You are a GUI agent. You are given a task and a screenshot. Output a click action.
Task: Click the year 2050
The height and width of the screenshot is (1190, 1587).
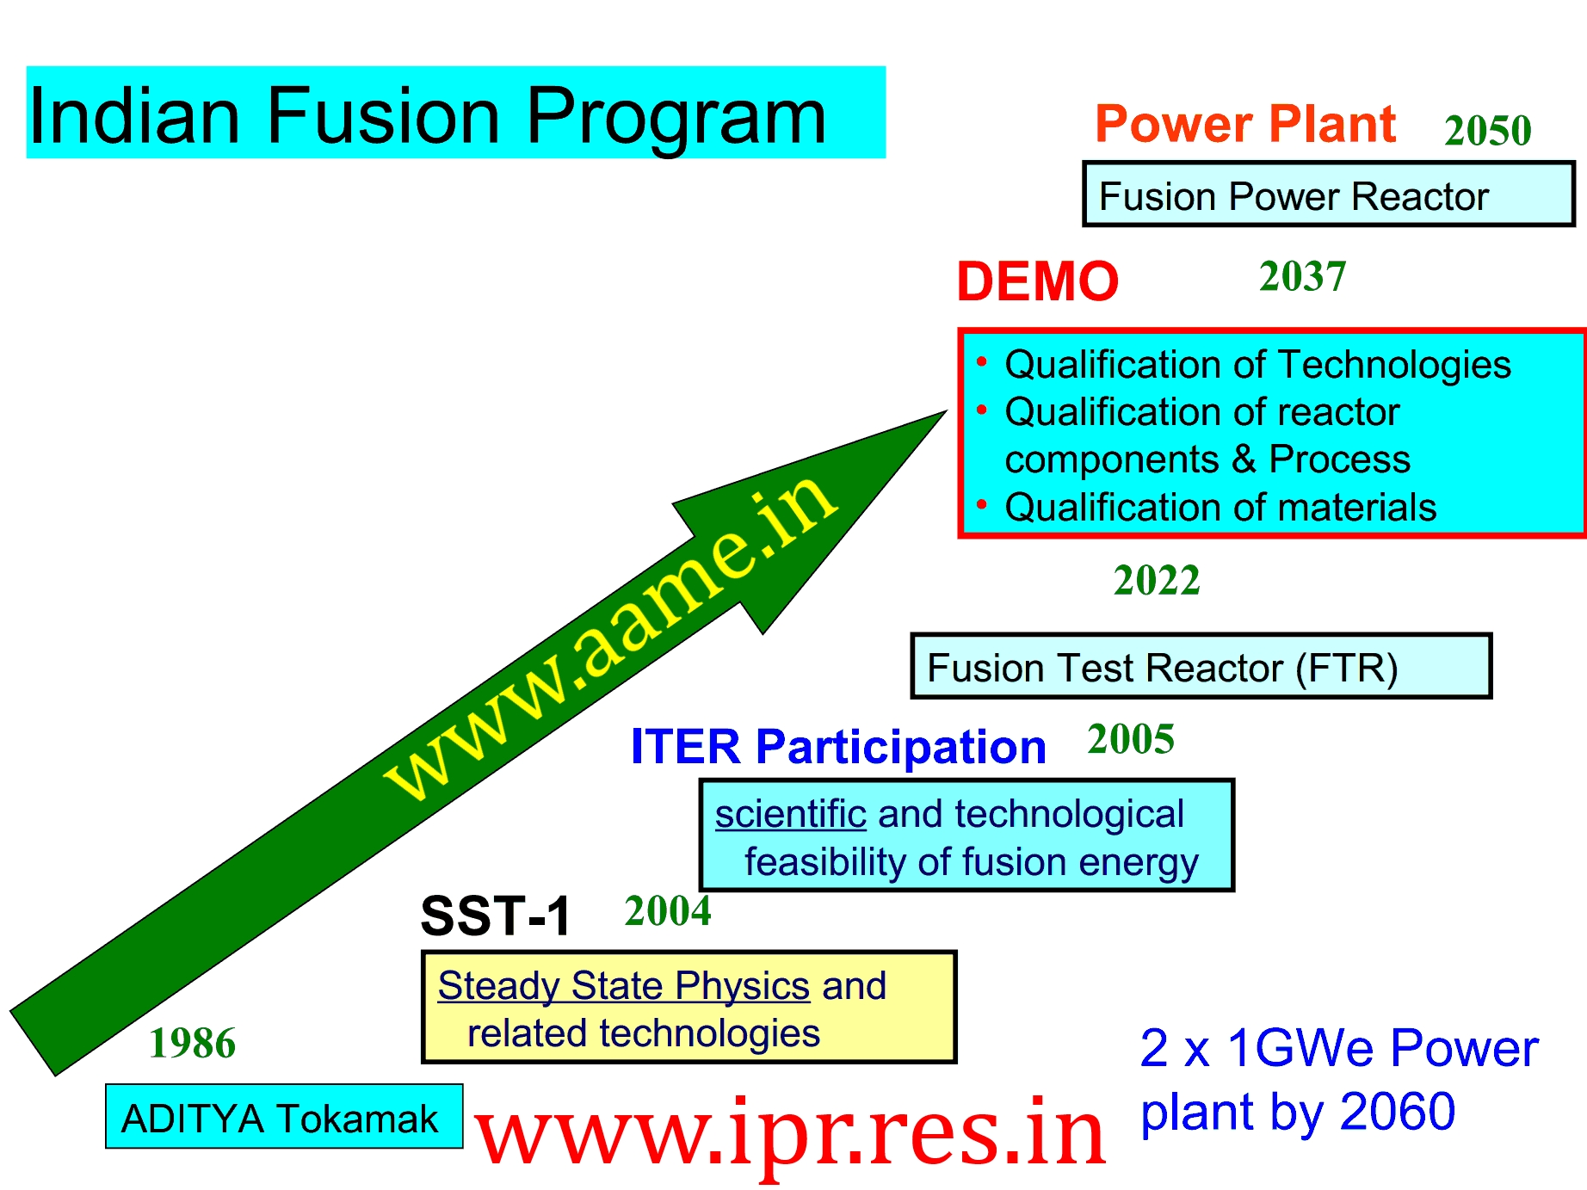pyautogui.click(x=1488, y=131)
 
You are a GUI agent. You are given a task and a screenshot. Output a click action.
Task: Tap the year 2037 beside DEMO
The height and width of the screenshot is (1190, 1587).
pyautogui.click(x=1302, y=276)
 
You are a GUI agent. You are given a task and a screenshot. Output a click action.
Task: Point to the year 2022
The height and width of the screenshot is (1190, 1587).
pyautogui.click(x=1157, y=580)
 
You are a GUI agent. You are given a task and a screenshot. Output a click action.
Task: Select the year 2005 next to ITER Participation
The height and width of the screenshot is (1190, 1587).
pyautogui.click(x=1131, y=739)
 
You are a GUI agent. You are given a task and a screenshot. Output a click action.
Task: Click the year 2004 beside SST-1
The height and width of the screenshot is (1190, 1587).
pyautogui.click(x=668, y=911)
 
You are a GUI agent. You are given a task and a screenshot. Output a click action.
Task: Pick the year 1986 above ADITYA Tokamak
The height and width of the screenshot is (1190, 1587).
pyautogui.click(x=192, y=1043)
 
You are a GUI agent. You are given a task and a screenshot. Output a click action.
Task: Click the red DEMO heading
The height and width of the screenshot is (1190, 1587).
pyautogui.click(x=1038, y=281)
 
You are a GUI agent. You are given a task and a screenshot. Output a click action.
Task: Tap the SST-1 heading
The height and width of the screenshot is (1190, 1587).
pyautogui.click(x=496, y=916)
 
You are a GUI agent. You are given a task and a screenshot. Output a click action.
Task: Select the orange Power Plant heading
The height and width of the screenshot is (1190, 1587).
pyautogui.click(x=1245, y=124)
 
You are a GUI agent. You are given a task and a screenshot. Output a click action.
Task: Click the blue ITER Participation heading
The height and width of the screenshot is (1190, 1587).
pyautogui.click(x=838, y=747)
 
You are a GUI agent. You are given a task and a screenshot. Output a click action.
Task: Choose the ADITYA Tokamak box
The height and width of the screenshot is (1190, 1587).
pyautogui.click(x=284, y=1116)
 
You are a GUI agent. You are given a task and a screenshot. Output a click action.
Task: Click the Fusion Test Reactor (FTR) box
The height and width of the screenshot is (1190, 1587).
pyautogui.click(x=1201, y=666)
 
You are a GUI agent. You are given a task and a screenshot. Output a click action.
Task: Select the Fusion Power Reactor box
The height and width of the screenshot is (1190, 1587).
pyautogui.click(x=1329, y=194)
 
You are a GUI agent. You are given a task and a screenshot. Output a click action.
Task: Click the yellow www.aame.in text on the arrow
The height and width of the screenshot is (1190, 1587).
pyautogui.click(x=610, y=637)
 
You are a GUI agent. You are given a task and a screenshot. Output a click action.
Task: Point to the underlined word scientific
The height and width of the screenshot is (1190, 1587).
pyautogui.click(x=790, y=814)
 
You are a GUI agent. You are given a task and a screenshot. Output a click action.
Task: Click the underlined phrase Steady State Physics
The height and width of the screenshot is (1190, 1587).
pyautogui.click(x=624, y=986)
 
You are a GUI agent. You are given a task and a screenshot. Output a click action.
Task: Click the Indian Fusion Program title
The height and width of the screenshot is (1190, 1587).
pyautogui.click(x=428, y=115)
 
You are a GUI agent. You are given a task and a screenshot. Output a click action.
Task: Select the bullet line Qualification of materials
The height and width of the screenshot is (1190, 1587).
pyautogui.click(x=1220, y=508)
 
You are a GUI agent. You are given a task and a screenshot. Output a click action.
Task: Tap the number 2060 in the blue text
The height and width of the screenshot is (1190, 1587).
pyautogui.click(x=1398, y=1111)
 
